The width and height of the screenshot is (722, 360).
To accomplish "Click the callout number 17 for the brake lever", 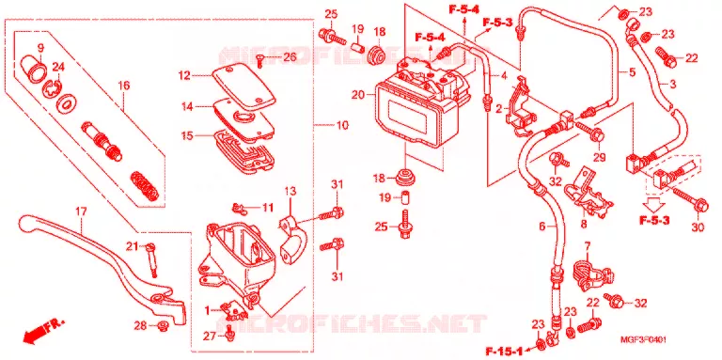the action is (81, 213).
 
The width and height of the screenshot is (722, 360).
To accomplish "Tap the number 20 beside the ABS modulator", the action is (357, 95).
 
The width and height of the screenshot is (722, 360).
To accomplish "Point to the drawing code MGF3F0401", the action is (643, 340).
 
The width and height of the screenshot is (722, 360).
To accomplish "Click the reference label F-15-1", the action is (504, 352).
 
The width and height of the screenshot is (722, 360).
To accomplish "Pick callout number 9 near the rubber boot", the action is (40, 47).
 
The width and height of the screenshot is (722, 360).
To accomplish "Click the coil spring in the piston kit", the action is (145, 185).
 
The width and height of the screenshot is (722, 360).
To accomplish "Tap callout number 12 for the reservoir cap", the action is (184, 76).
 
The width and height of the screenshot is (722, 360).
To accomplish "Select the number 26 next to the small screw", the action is (289, 57).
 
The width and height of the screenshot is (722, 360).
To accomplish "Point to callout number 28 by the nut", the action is (140, 326).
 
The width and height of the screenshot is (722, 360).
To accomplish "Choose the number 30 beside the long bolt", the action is (698, 227).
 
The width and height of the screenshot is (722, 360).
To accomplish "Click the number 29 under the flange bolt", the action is (599, 158).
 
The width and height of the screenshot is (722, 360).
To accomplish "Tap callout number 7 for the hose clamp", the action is (587, 245).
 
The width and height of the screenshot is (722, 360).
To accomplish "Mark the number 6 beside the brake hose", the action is (541, 226).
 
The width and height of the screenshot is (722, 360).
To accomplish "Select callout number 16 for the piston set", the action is (123, 86).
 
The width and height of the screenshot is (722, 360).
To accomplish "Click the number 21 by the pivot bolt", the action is (133, 246).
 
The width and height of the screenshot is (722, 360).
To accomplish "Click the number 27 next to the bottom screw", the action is (210, 337).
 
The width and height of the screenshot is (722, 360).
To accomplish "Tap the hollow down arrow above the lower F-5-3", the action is (653, 204).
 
